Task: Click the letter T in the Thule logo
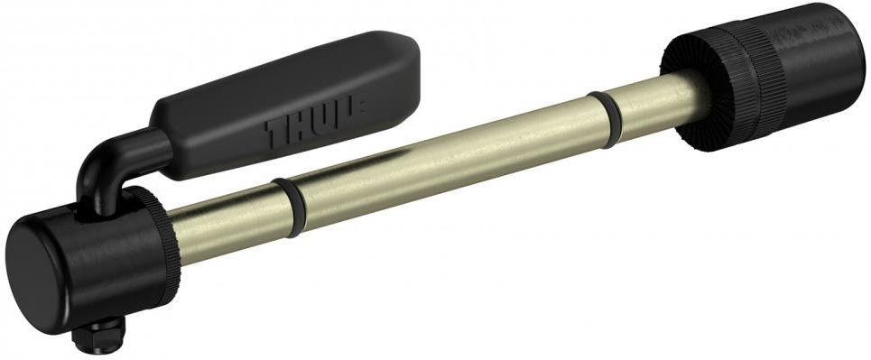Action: pyautogui.click(x=275, y=132)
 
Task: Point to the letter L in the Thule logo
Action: pyautogui.click(x=348, y=114)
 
